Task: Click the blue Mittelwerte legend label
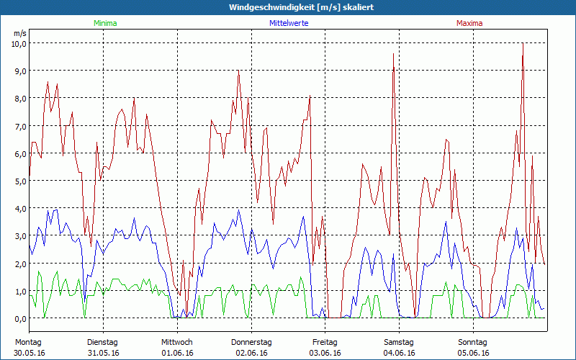(x=289, y=24)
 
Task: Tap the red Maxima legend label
(x=469, y=24)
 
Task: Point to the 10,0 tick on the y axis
(x=18, y=43)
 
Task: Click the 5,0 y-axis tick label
(x=19, y=181)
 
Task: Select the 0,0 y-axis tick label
(x=19, y=318)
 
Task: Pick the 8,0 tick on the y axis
(x=19, y=99)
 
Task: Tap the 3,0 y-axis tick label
(x=19, y=236)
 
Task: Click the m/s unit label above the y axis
(x=19, y=33)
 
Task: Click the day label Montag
(x=29, y=342)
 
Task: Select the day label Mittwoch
(x=177, y=342)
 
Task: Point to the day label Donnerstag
(x=251, y=342)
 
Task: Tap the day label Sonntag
(x=473, y=342)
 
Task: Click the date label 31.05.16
(x=103, y=353)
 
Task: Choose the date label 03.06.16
(x=325, y=353)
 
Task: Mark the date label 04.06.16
(x=399, y=353)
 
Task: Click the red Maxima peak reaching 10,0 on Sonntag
(x=523, y=44)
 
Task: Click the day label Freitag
(x=325, y=342)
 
